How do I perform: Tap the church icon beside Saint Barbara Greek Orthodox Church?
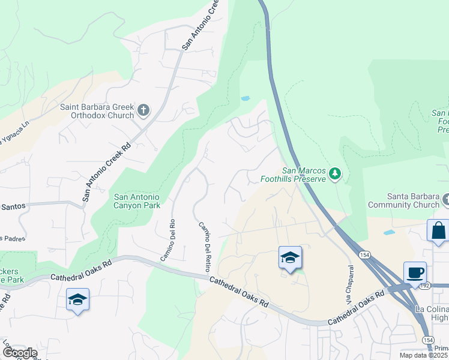click(x=143, y=110)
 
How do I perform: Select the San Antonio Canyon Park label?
click(x=137, y=201)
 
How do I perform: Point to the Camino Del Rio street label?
click(x=167, y=239)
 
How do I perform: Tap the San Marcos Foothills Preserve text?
click(x=293, y=174)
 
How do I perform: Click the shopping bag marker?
click(x=438, y=231)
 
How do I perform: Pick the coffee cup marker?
click(x=415, y=273)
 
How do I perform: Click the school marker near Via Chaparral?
click(x=291, y=258)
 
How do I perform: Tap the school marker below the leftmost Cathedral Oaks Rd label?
click(x=78, y=299)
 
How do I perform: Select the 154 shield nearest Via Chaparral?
click(x=364, y=255)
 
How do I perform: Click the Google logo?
click(x=19, y=353)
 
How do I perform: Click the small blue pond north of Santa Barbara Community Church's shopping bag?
click(x=389, y=232)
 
